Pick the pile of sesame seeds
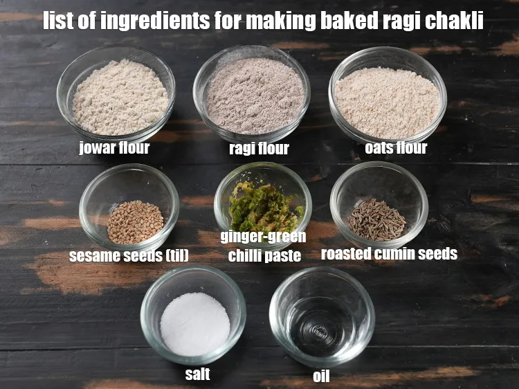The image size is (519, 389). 135,221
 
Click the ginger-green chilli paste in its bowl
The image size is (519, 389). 264,208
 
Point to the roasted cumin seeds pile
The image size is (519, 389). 376,219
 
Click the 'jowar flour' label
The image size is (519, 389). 114,147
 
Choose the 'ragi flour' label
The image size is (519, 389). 258,149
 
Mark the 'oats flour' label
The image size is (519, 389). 396,147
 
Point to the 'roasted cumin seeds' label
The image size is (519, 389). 389,254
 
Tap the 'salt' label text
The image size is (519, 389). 197,374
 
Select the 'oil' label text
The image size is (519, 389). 321,377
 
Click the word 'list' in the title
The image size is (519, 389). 57,21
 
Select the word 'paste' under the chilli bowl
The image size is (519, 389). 284,255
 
